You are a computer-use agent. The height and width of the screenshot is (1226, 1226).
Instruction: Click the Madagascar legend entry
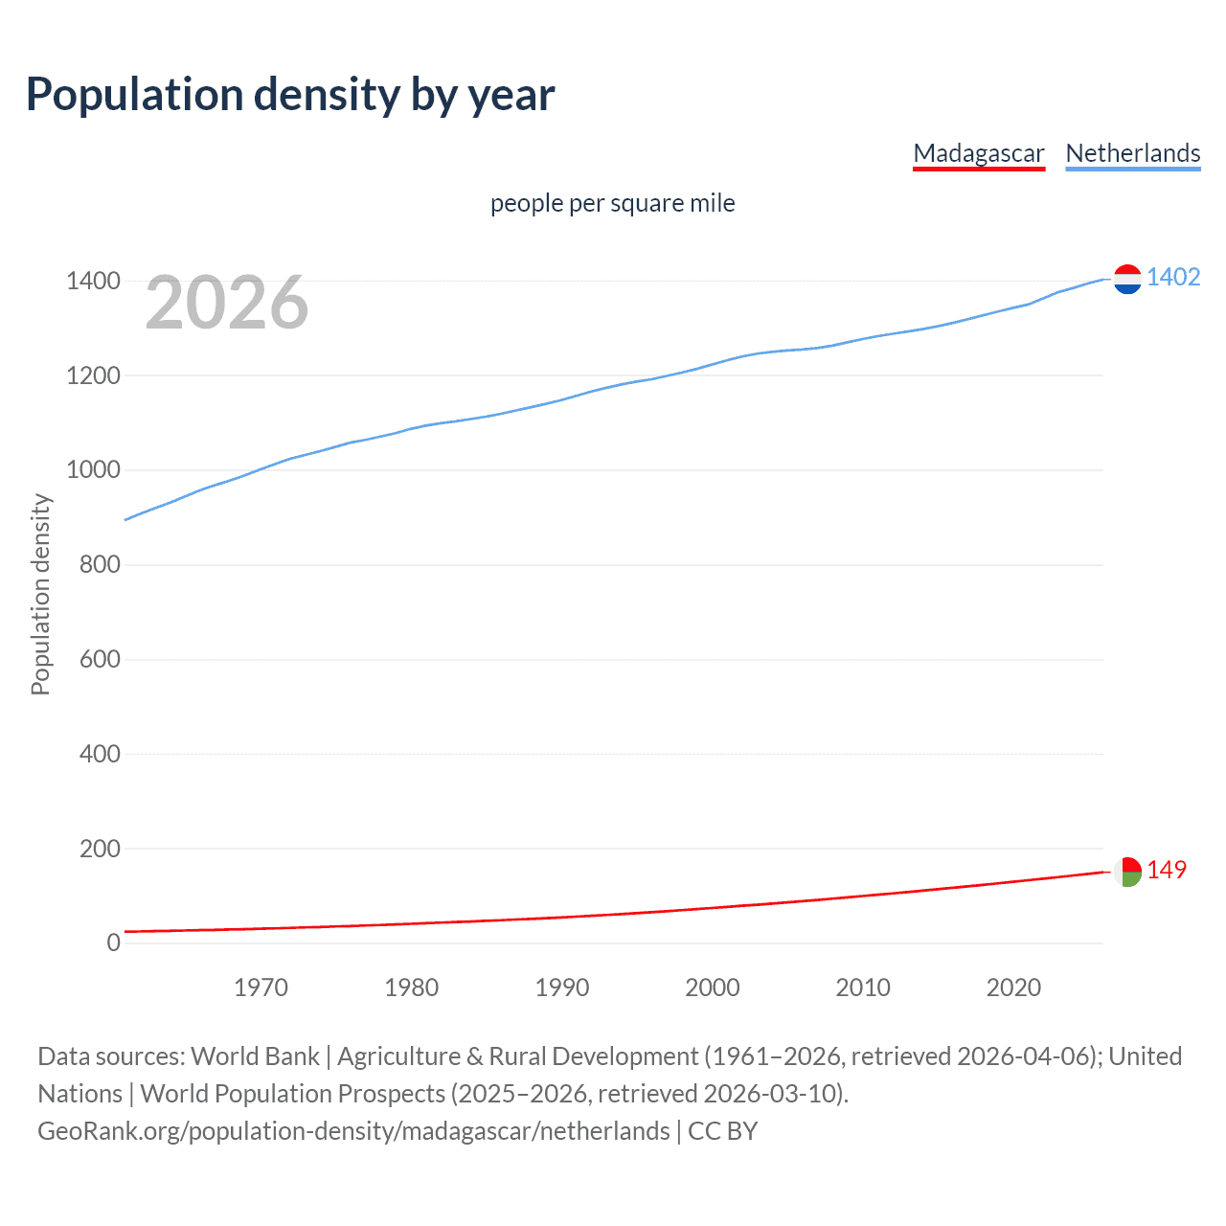[978, 153]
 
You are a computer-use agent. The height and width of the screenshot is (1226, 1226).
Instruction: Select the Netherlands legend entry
[1132, 153]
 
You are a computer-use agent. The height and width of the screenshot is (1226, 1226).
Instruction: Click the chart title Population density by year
[290, 94]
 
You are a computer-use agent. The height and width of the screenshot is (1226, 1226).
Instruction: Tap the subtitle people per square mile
[612, 203]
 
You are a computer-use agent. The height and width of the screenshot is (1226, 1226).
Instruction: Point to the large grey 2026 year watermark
[227, 303]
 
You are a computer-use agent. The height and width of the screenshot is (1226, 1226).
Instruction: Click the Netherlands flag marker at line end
[1127, 279]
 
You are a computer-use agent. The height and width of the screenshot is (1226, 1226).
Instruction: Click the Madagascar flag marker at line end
[1127, 872]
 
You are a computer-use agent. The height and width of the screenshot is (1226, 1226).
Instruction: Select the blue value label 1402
[1173, 277]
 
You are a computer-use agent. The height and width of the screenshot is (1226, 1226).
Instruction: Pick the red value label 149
[1167, 870]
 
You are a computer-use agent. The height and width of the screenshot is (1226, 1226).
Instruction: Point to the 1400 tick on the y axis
[93, 281]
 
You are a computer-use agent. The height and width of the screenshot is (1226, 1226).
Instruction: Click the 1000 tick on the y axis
[93, 470]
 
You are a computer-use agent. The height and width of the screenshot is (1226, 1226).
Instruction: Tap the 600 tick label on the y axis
[100, 659]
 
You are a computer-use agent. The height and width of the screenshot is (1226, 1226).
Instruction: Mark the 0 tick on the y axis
[114, 942]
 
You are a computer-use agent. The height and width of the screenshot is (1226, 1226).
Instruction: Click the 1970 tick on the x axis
[261, 988]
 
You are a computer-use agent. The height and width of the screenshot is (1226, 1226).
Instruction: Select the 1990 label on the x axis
[562, 988]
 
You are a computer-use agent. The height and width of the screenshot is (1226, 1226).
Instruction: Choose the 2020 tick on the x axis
[1013, 988]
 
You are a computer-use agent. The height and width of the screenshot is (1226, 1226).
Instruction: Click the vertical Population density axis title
[40, 594]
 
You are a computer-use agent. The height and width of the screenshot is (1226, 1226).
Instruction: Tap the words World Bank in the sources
[255, 1056]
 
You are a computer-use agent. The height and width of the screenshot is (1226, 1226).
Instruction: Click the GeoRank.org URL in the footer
[353, 1131]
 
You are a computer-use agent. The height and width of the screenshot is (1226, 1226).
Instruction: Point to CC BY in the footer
[723, 1131]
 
